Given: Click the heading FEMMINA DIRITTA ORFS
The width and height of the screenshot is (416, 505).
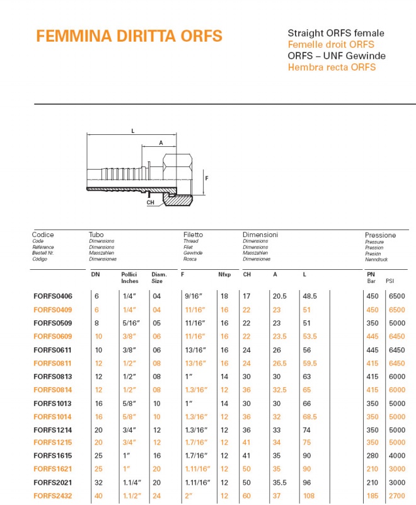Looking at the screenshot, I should click(129, 36).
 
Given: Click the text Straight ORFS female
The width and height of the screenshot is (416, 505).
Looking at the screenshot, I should click(336, 33).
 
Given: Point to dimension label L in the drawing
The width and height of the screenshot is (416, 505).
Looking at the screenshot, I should click(133, 131).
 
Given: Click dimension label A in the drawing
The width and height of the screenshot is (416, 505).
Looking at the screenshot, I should click(161, 143).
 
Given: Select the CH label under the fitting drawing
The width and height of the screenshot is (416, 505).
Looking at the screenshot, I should click(150, 203).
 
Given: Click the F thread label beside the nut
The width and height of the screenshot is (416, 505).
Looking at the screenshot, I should click(207, 178).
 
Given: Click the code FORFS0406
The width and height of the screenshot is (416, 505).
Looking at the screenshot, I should click(53, 296).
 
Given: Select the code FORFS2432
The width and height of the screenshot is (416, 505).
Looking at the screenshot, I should click(53, 496).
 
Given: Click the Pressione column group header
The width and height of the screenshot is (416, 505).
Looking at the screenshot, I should click(380, 235).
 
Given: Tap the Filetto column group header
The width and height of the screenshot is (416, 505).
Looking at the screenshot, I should click(193, 235).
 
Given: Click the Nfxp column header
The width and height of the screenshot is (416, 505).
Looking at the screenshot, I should click(224, 275).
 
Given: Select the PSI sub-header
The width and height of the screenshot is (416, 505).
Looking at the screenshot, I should click(390, 281).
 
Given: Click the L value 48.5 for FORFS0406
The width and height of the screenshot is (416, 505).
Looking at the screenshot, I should click(309, 296).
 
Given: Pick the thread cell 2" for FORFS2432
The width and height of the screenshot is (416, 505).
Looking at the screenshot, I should click(188, 496).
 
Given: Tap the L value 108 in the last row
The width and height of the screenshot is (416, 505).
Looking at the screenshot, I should click(308, 496).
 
